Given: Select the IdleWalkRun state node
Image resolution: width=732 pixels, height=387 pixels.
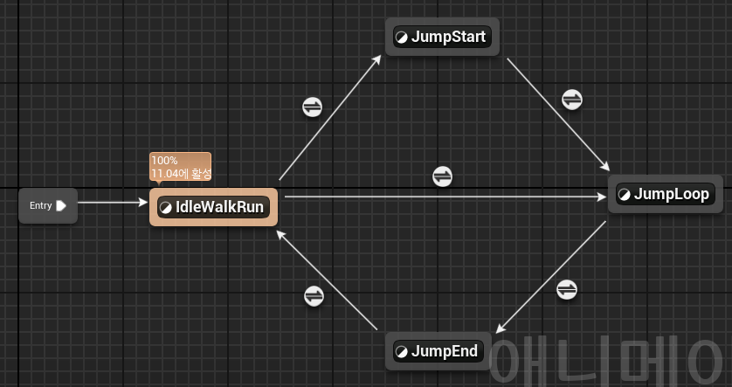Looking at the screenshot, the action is coord(213,207).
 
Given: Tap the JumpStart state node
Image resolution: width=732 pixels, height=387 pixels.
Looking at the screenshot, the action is coord(442,37).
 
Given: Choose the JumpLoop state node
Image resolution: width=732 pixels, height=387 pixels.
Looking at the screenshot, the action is coord(665,194).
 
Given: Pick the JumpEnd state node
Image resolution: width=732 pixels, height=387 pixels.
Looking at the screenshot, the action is coord(438,351).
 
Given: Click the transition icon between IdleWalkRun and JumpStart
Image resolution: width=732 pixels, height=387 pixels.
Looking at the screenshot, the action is coord(313,107).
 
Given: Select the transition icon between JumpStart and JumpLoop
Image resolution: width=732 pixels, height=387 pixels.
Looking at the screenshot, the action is coord(571,99).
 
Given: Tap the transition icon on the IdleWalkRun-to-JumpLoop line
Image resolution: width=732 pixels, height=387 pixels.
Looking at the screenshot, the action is coord(443,176).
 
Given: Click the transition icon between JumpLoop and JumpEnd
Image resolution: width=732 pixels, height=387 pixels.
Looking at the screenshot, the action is coord(566,288).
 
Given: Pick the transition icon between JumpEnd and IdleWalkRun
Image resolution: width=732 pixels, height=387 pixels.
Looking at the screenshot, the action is coord(314,296).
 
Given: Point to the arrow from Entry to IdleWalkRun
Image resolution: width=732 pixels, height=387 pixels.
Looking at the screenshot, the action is coord(114,204).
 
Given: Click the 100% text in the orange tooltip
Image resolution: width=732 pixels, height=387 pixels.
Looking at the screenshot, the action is coord(164,161).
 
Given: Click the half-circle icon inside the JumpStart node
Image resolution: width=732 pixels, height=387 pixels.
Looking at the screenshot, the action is coord(402,37).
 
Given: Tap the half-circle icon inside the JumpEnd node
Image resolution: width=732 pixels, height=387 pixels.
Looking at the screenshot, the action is coord(402,351).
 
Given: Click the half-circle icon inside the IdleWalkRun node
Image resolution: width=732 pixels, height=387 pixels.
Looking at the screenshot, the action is coord(166,207).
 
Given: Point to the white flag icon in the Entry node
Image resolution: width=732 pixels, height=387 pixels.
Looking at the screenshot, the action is coord(61,206).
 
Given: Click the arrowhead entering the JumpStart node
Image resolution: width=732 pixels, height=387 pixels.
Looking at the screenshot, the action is coord(377,59).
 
